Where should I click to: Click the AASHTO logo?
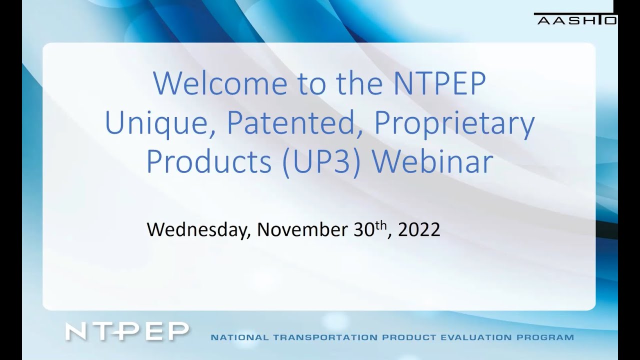(x=575, y=19)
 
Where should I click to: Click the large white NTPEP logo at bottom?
(x=127, y=331)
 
